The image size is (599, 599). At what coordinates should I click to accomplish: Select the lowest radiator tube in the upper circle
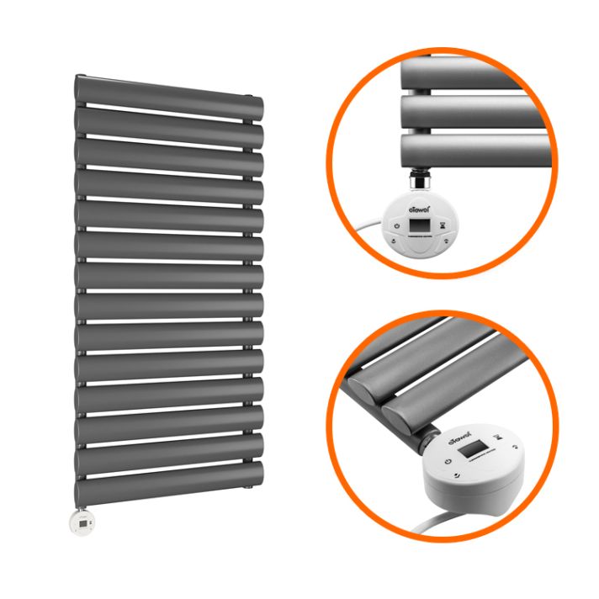[471, 151]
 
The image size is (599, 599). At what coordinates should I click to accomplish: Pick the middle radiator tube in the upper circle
[471, 111]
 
